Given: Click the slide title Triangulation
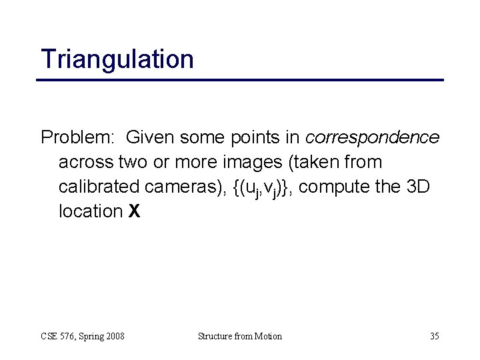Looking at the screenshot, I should pyautogui.click(x=117, y=59).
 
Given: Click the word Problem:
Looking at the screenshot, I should pyautogui.click(x=77, y=138).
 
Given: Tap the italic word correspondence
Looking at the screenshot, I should pyautogui.click(x=372, y=138).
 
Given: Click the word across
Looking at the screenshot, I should pyautogui.click(x=85, y=163).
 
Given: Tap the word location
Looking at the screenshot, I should pyautogui.click(x=89, y=211).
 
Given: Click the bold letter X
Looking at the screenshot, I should pyautogui.click(x=134, y=211).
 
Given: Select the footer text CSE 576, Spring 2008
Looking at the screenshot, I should pyautogui.click(x=83, y=336).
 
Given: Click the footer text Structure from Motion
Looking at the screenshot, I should pyautogui.click(x=240, y=336).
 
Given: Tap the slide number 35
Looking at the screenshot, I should pyautogui.click(x=433, y=336).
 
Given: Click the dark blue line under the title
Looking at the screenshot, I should pyautogui.click(x=240, y=80).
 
